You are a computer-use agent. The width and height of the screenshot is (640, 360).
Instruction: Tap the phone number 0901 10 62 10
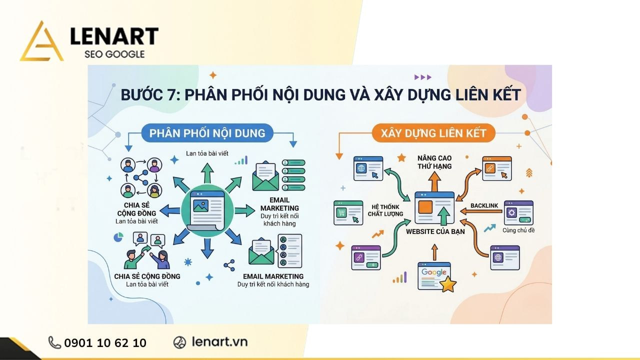[105, 342]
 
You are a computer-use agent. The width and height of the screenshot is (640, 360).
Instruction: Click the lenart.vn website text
[219, 342]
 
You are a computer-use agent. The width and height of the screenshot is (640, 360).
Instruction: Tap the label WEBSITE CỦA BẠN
[435, 231]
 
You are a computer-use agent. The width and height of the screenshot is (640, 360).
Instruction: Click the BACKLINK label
[484, 206]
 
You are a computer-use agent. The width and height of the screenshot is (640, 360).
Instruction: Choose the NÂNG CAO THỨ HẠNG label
[434, 162]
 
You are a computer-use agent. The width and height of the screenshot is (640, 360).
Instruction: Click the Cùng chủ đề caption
[518, 230]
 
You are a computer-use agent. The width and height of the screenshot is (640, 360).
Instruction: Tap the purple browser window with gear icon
[518, 212]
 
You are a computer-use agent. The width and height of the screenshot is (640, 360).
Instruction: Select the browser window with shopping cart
[348, 212]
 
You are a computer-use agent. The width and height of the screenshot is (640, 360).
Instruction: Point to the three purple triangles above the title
[422, 77]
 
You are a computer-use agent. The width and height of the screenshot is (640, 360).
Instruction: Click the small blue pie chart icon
[119, 237]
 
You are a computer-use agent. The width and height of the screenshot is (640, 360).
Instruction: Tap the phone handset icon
[54, 342]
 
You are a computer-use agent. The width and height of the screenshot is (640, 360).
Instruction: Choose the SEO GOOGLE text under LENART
[114, 54]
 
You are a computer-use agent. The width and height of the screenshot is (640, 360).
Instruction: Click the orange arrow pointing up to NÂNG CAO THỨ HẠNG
[434, 181]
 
